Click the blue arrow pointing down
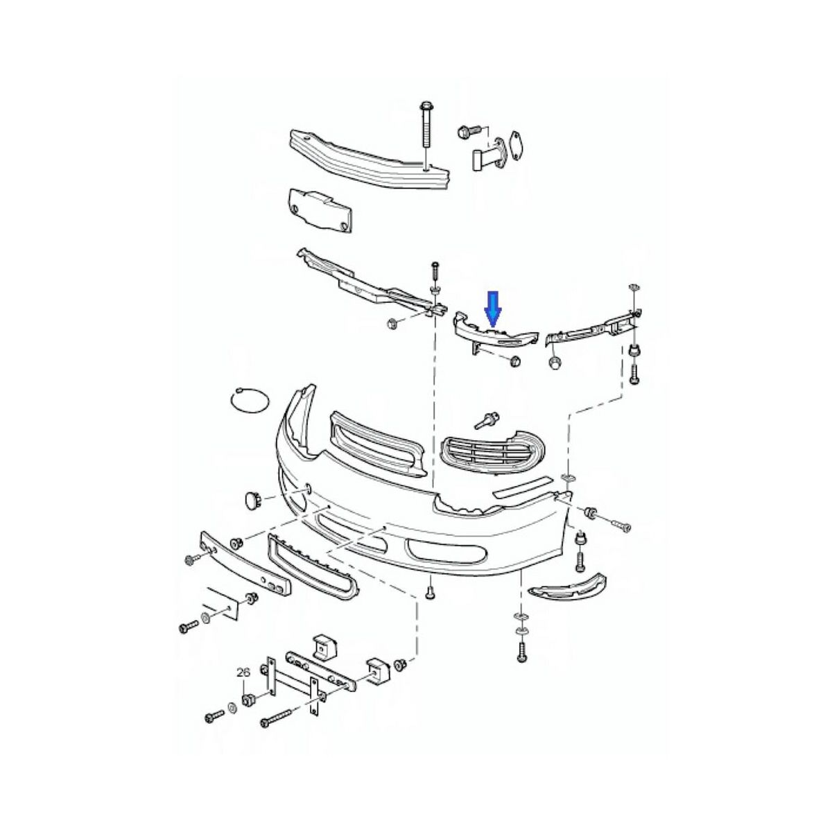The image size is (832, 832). [492, 309]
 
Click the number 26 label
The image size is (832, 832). [243, 672]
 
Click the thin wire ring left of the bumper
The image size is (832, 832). [248, 401]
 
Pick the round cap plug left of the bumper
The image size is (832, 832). [251, 499]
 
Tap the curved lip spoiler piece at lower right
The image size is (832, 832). [567, 586]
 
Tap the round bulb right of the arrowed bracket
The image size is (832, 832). [555, 364]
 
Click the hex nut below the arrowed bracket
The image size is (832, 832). [514, 361]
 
